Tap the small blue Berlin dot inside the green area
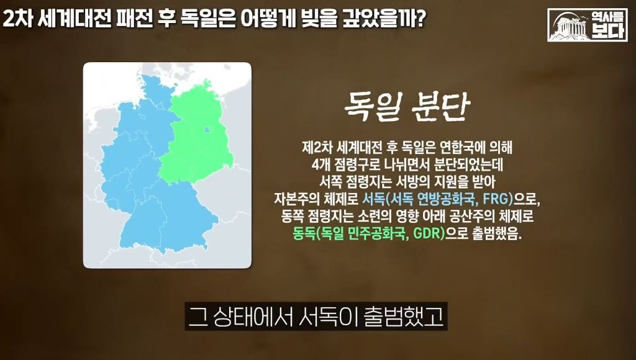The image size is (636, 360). click(x=207, y=130)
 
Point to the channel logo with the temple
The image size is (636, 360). click(x=588, y=25)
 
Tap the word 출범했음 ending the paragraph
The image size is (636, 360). click(x=496, y=235)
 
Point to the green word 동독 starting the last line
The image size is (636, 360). click(x=304, y=235)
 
